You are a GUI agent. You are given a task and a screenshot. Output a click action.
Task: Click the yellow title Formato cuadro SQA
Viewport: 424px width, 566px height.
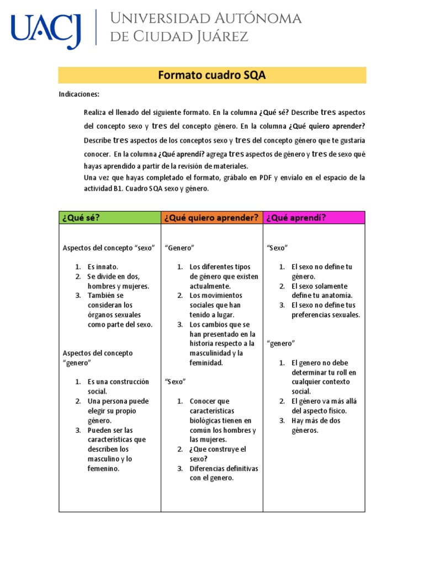[x=212, y=75]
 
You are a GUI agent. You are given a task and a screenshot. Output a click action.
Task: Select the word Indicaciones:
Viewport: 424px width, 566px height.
[x=79, y=95]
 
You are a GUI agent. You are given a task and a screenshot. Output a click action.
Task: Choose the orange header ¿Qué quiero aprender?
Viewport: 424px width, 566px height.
[x=211, y=217]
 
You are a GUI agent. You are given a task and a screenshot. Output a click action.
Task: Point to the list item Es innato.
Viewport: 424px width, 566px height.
[x=103, y=267]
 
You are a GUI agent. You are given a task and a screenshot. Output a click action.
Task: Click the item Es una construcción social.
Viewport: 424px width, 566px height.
[x=118, y=386]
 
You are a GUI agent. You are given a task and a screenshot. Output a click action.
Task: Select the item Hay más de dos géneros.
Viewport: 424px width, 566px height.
[x=316, y=425]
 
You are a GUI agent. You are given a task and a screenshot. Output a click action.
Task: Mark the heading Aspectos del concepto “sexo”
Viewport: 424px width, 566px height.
[x=109, y=248]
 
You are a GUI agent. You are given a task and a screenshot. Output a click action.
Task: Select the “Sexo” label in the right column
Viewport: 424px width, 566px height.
[x=277, y=248]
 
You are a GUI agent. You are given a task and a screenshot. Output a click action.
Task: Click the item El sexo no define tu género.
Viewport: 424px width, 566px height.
[x=321, y=271]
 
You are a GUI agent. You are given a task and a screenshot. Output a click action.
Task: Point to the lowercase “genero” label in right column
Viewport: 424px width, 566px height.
[x=280, y=343]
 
